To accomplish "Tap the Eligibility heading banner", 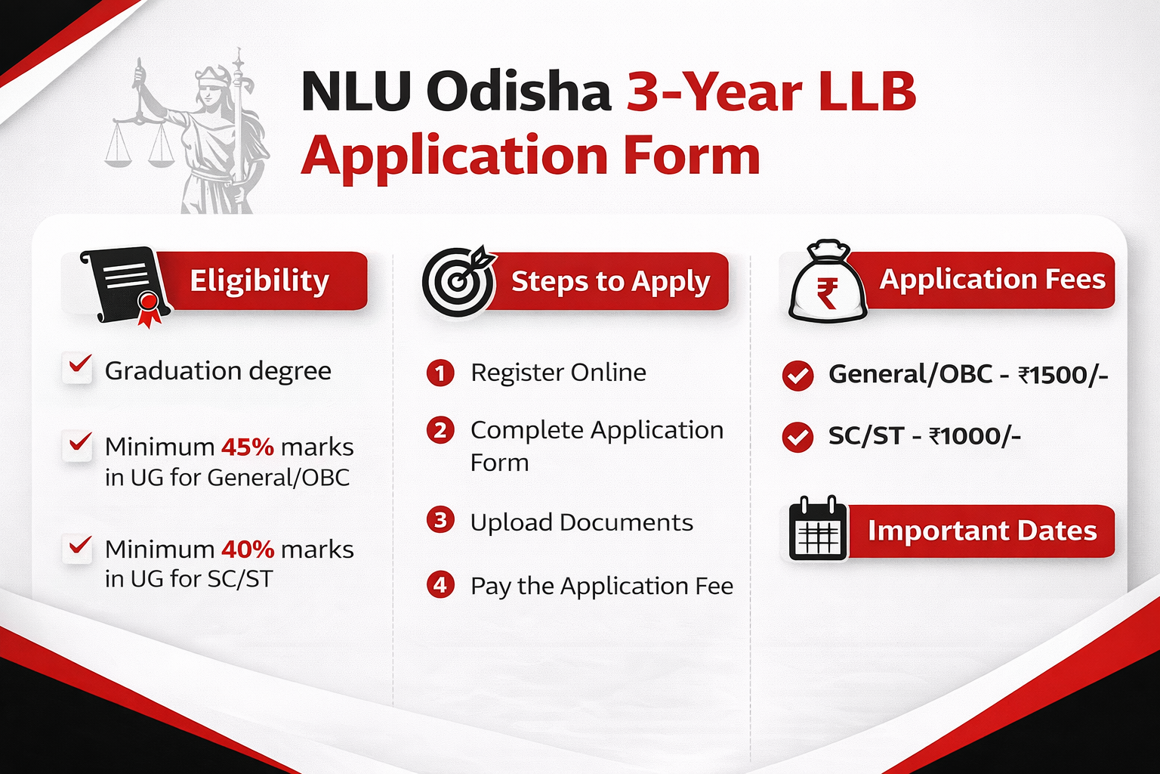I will tap(259, 280).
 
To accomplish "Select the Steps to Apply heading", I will tap(610, 281).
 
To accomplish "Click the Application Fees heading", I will tap(992, 280).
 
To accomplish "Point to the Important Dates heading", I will tap(981, 531).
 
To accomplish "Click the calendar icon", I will tap(818, 530).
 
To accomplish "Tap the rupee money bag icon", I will tap(827, 283).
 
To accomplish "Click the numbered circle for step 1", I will tap(440, 373).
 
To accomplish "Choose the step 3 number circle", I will tap(440, 520).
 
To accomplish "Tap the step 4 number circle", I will tap(440, 585).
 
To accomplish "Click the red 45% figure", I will tap(247, 447).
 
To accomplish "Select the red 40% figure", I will tap(247, 549).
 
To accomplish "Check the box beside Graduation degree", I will tap(78, 369).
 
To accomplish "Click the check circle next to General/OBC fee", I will tap(797, 375).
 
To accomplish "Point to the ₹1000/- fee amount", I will tap(974, 436).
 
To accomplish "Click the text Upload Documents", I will tap(582, 522).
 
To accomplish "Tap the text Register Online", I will tap(558, 373).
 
